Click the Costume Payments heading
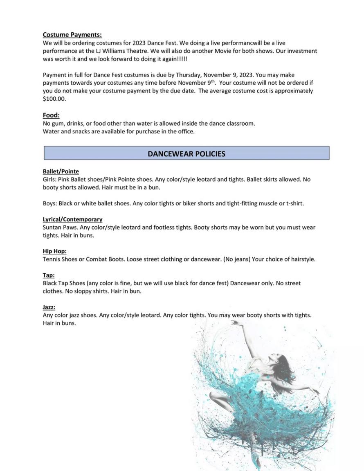tap(72, 35)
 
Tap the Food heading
tap(51, 115)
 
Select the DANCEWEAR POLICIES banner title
tap(186, 154)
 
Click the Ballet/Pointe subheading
tap(61, 171)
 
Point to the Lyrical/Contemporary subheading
tap(72, 219)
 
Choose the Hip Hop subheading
tap(54, 251)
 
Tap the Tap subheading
tap(48, 275)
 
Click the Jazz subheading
tap(49, 307)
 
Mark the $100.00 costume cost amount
tap(54, 99)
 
